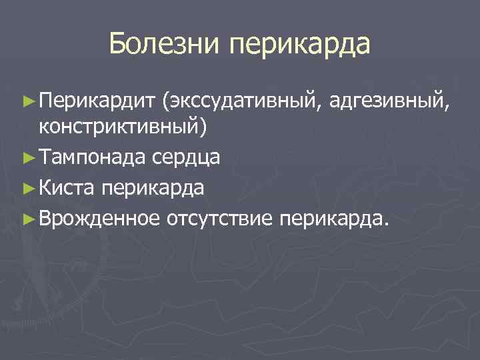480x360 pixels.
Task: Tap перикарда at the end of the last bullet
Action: click(330, 219)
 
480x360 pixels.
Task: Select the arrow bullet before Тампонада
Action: click(27, 157)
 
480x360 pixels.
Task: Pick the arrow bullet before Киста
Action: click(27, 188)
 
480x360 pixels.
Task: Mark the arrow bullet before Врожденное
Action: click(27, 219)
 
